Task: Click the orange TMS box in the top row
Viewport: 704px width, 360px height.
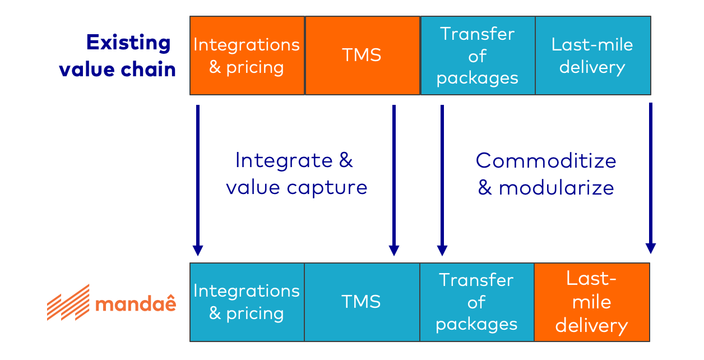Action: [362, 55]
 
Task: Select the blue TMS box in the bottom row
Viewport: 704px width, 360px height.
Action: [362, 302]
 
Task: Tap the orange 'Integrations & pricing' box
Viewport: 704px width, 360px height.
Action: [247, 55]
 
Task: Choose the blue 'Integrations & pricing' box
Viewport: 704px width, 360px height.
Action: [247, 302]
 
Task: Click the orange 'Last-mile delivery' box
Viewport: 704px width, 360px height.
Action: [591, 302]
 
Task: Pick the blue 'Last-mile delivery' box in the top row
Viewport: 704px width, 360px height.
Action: [592, 55]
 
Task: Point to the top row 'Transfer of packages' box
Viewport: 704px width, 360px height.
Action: [477, 55]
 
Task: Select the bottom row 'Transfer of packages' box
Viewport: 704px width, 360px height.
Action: [476, 302]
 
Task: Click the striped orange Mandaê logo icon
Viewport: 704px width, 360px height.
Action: [68, 302]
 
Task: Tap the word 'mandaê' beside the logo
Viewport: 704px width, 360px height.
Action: [135, 303]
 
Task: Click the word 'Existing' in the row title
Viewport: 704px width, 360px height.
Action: [128, 43]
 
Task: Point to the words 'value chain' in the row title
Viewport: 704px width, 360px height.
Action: [118, 69]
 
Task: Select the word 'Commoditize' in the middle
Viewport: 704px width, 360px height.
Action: [546, 161]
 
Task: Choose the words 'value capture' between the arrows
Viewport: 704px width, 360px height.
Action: [297, 187]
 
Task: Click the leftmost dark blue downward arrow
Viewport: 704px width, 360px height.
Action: [197, 179]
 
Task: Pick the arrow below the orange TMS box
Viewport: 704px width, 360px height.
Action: [394, 179]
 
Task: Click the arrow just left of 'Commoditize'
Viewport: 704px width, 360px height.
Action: [442, 179]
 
